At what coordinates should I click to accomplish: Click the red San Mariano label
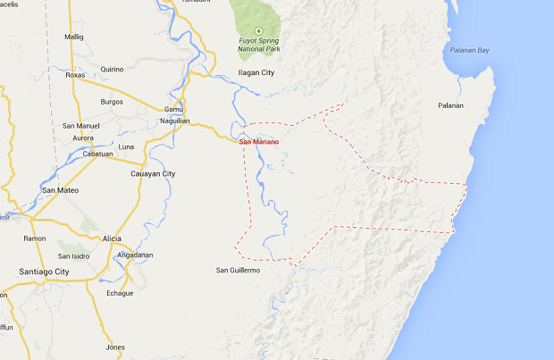[260, 141]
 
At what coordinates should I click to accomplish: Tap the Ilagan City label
[256, 72]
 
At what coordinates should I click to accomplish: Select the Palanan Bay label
[470, 51]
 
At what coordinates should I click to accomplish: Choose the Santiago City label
[44, 271]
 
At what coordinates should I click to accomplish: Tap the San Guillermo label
[238, 270]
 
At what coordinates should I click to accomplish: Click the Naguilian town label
[175, 120]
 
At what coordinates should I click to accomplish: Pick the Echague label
[120, 293]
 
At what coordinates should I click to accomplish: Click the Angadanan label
[136, 255]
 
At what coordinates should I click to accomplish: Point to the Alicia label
[112, 239]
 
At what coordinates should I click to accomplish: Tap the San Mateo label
[61, 190]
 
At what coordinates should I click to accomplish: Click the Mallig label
[73, 37]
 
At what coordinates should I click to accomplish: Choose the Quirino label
[112, 69]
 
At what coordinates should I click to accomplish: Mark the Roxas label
[75, 75]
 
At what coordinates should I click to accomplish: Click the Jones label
[115, 347]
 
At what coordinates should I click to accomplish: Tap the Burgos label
[111, 102]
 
